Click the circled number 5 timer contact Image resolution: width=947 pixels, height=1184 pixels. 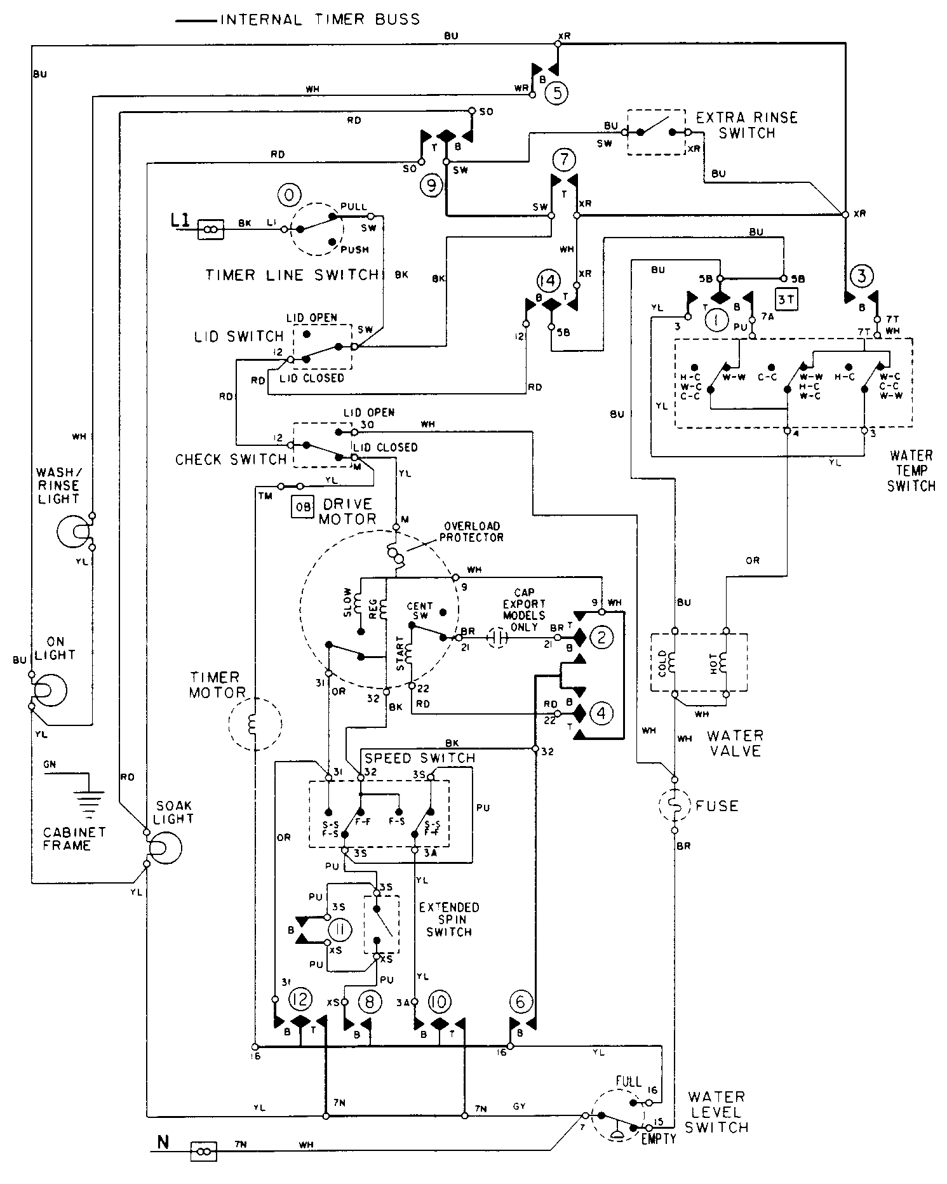coord(556,93)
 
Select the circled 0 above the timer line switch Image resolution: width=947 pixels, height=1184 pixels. coord(288,196)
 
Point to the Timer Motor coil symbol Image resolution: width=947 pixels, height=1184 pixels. coord(254,723)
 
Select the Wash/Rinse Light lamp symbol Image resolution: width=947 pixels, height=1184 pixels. coord(75,530)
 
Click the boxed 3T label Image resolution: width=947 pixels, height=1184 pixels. coord(786,299)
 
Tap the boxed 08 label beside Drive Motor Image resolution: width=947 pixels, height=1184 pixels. coord(303,507)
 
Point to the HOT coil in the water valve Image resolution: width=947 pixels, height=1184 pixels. coord(725,663)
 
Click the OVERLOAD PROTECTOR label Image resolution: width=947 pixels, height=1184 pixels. coord(473,531)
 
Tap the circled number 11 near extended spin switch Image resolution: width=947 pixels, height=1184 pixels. coord(340,931)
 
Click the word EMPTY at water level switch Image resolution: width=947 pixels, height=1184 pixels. coord(658,1139)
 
